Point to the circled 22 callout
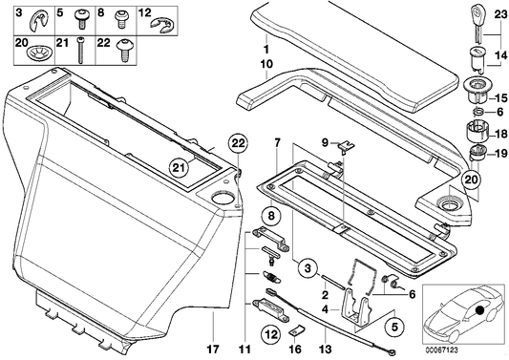(236, 145)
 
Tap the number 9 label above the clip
(324, 143)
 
